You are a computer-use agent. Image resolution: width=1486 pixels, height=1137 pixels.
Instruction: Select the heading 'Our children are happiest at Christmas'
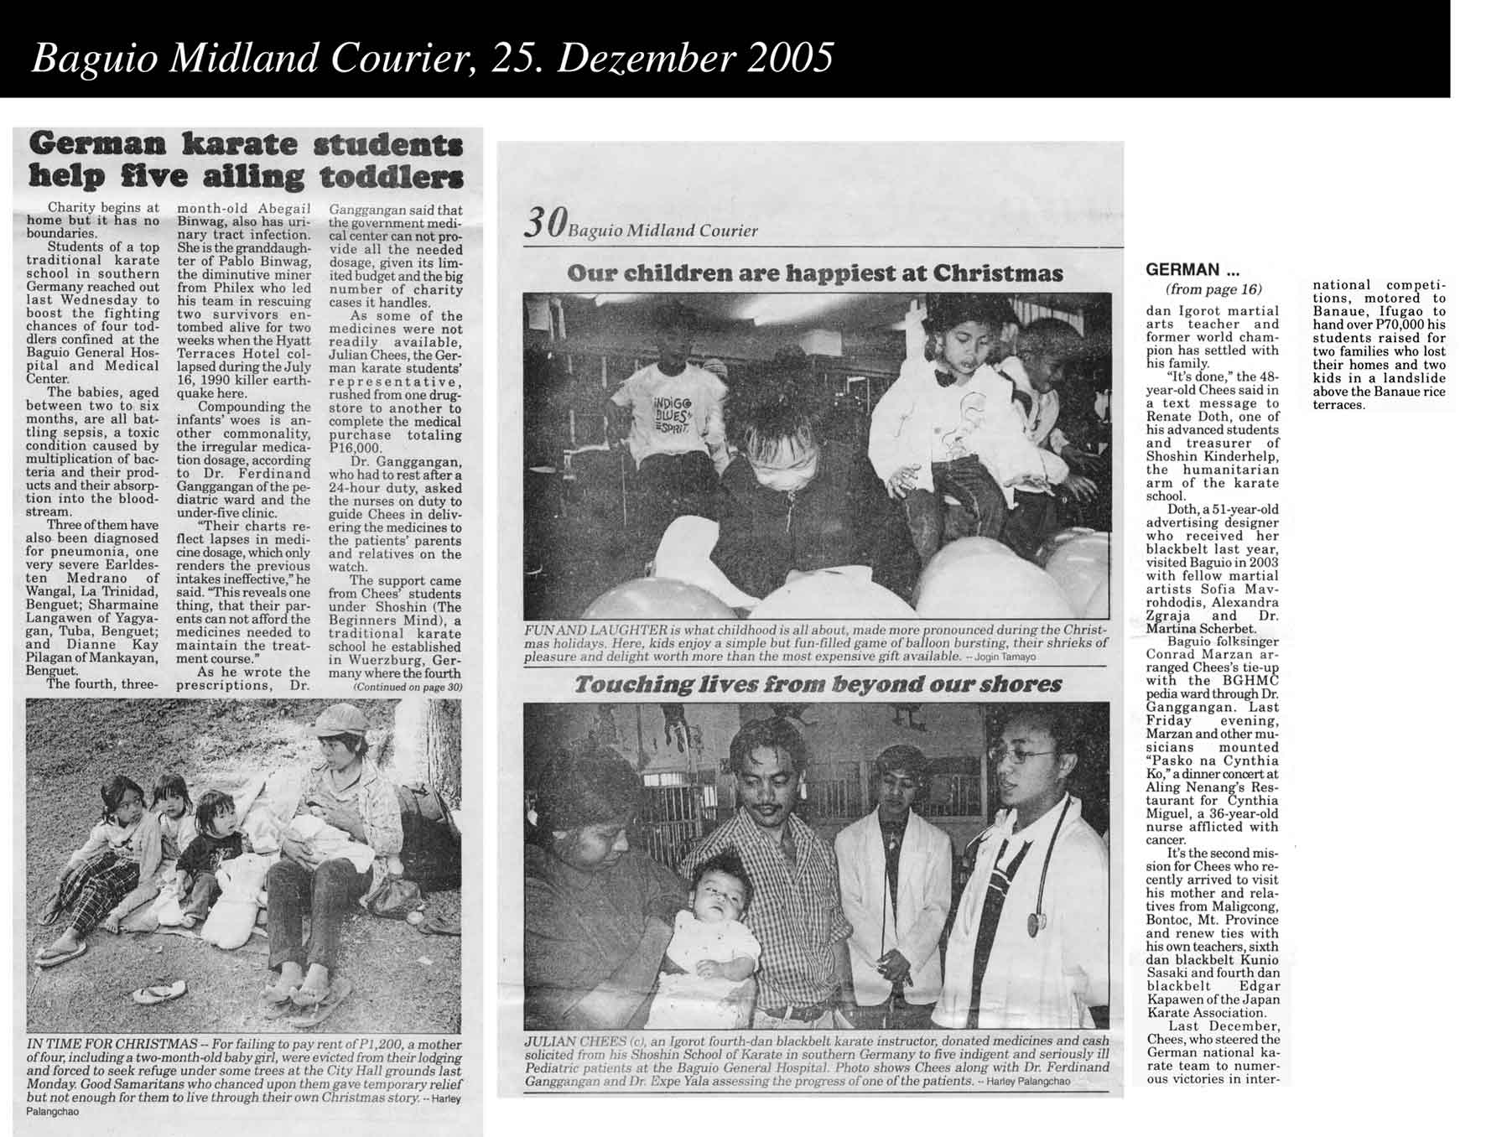pyautogui.click(x=814, y=273)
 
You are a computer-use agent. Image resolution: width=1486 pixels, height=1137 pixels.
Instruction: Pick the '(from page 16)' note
pyautogui.click(x=1213, y=289)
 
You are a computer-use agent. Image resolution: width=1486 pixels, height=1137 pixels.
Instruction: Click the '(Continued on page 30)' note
pyautogui.click(x=408, y=688)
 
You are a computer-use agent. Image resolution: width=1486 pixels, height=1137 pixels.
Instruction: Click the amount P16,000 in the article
pyautogui.click(x=353, y=449)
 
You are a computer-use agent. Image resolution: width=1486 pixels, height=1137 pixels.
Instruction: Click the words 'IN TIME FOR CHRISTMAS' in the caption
pyautogui.click(x=112, y=1044)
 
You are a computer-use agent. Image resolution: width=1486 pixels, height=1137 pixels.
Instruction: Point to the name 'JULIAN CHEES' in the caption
pyautogui.click(x=574, y=1041)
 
